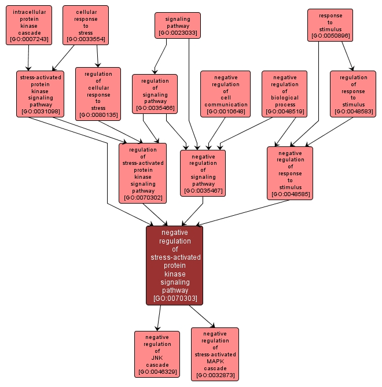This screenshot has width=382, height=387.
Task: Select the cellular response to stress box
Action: pos(85,25)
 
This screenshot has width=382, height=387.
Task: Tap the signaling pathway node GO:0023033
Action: pos(177,26)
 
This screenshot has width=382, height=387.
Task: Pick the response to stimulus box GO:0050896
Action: pos(330,25)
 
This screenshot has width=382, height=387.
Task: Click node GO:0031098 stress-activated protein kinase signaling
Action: pos(40,93)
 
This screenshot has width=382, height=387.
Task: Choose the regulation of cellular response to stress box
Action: pos(98,94)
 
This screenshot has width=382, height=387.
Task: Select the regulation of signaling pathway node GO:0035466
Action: pos(155,94)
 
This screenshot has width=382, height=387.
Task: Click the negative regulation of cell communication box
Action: pos(226,94)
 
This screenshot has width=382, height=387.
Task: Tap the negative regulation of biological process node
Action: pos(284,94)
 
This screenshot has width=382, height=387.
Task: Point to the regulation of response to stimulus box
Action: pos(353,94)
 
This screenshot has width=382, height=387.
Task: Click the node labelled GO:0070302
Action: pos(142,174)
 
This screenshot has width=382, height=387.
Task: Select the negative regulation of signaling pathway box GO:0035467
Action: pos(203,173)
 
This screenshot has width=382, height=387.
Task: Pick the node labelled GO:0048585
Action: pos(290,173)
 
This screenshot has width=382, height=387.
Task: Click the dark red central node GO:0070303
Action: pos(175,266)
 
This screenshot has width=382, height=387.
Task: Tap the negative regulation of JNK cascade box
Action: pos(157,354)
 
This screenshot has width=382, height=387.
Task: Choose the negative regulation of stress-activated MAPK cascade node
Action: pos(215,354)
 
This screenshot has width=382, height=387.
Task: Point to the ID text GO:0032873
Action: pos(215,375)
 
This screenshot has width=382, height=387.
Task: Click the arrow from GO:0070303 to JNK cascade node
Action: pos(159,318)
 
